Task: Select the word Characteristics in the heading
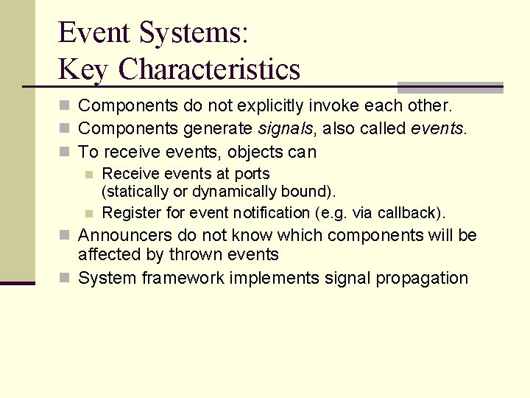(209, 69)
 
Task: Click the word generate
(218, 129)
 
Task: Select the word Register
(128, 213)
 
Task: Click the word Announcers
(119, 235)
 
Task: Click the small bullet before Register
(88, 214)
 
